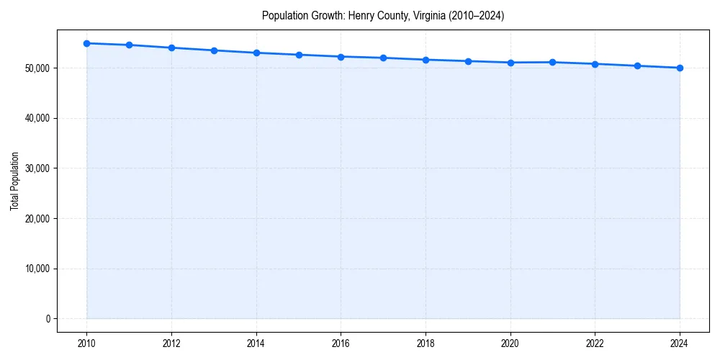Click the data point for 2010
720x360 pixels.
[x=86, y=43]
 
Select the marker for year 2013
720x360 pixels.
[x=214, y=50]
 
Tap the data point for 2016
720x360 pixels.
[x=341, y=56]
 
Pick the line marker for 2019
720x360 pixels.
[x=468, y=61]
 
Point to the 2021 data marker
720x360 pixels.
[x=552, y=62]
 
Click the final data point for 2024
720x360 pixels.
[x=680, y=68]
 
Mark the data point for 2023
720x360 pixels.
[x=637, y=66]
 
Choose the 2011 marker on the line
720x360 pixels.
[x=129, y=45]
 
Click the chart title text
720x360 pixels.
[x=383, y=15]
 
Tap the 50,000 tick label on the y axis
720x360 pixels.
[x=35, y=68]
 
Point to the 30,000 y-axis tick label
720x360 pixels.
[x=35, y=168]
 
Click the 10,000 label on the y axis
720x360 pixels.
[x=35, y=269]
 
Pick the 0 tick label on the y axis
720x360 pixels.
[x=48, y=319]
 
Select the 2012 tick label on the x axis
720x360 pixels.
[x=171, y=343]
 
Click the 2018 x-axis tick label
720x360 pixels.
[x=426, y=343]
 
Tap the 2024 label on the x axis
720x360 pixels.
[x=680, y=343]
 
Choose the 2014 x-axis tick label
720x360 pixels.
[x=256, y=343]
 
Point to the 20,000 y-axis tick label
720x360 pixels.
[x=35, y=219]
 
